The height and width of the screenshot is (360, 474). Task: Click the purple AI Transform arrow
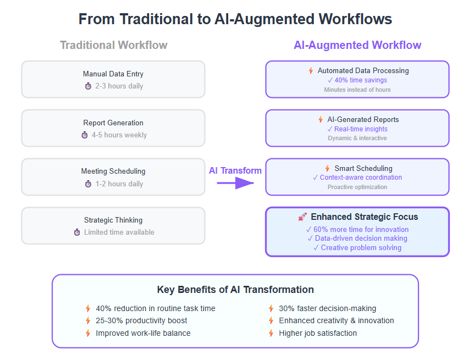click(235, 183)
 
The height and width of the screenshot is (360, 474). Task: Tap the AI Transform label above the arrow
click(235, 171)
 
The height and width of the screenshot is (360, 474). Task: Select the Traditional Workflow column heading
click(114, 45)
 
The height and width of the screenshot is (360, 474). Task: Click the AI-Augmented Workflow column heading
click(357, 45)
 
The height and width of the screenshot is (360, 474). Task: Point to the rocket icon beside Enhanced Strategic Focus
click(302, 217)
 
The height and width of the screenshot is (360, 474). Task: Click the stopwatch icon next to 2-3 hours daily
click(88, 86)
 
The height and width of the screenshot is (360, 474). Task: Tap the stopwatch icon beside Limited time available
click(77, 232)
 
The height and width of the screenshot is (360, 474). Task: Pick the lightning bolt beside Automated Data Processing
click(311, 71)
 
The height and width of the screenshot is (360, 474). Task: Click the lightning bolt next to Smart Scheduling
click(327, 168)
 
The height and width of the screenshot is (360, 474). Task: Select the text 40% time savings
click(361, 80)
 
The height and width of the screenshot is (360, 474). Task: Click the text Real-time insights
click(361, 129)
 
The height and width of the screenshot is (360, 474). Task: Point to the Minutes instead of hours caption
click(357, 90)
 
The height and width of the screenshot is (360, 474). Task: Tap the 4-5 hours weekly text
click(119, 135)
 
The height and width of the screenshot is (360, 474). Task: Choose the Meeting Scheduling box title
click(113, 171)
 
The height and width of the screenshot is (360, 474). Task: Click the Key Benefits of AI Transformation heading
click(235, 290)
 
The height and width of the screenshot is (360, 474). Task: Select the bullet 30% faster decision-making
click(327, 308)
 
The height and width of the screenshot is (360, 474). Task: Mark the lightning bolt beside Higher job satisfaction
click(271, 333)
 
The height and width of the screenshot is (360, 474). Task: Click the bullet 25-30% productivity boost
click(141, 320)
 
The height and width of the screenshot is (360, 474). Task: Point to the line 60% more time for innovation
click(361, 229)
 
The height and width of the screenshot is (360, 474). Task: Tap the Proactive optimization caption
click(357, 187)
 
